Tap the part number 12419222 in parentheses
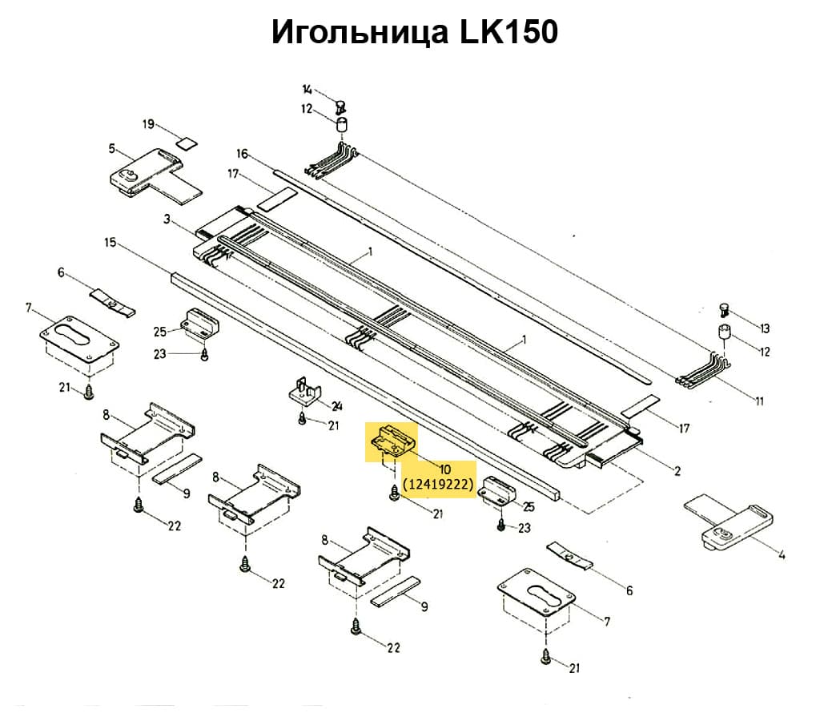(440, 484)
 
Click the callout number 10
(444, 468)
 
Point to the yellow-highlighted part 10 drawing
(393, 441)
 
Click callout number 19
(148, 124)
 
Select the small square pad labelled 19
(186, 143)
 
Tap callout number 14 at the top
(307, 89)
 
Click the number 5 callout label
(111, 148)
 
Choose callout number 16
(243, 154)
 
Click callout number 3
(167, 219)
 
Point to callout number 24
(336, 405)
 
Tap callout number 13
(764, 328)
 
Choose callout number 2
(677, 471)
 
